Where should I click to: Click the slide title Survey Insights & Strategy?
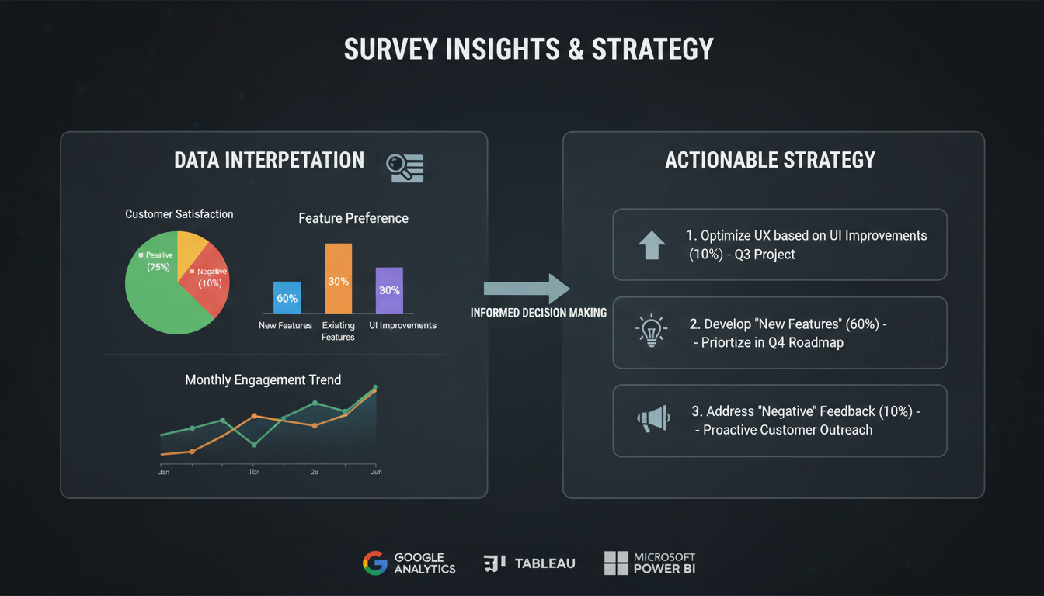coord(528,49)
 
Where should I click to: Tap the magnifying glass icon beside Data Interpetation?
coord(405,168)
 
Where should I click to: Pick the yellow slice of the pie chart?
coord(190,247)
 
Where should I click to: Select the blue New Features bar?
coord(287,297)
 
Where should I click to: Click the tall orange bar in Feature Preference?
coord(338,278)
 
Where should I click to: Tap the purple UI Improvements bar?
coord(389,289)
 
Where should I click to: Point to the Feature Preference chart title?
coord(353,218)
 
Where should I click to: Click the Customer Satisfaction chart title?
coord(179,213)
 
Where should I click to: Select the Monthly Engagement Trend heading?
coord(263,379)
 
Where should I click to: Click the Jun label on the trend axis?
coord(376,472)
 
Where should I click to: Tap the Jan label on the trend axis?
coord(164,472)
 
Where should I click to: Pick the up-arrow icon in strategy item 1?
coord(651,244)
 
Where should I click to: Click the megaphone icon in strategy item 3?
coord(653,420)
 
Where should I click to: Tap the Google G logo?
coord(374,563)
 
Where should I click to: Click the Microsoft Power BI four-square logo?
coord(616,563)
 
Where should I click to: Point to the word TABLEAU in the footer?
coord(545,563)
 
